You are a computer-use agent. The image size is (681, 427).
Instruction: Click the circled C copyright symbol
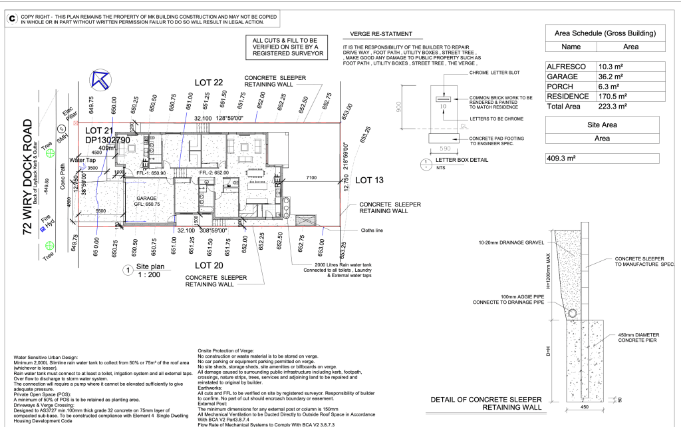click(x=11, y=18)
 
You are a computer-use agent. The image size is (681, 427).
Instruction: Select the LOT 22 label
click(x=208, y=82)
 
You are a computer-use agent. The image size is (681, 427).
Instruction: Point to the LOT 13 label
click(x=369, y=180)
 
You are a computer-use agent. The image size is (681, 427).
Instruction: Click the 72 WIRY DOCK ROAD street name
click(x=27, y=177)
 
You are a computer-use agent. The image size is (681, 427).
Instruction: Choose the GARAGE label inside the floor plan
click(x=146, y=198)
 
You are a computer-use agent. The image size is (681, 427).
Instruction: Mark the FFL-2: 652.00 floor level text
click(x=214, y=172)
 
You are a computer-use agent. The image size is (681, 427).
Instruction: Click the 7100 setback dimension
click(x=311, y=178)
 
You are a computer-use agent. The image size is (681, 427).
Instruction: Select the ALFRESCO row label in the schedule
click(x=566, y=67)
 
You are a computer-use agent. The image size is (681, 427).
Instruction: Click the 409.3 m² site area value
click(x=563, y=159)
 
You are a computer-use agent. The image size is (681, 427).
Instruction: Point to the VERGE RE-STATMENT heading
click(x=377, y=34)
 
